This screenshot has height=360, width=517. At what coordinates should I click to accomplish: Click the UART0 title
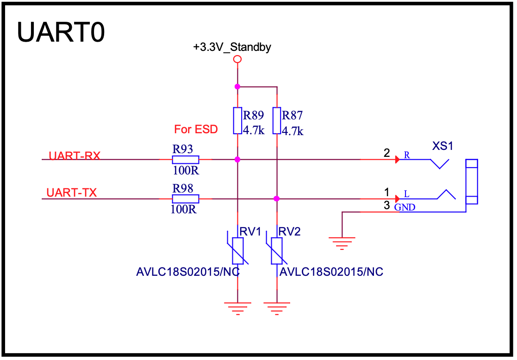61,32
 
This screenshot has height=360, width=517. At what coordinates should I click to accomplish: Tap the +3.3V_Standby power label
232,47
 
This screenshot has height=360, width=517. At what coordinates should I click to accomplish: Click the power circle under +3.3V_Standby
237,59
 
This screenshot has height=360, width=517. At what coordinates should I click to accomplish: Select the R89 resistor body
237,121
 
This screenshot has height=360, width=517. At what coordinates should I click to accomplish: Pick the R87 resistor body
277,121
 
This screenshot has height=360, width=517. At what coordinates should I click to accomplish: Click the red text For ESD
196,129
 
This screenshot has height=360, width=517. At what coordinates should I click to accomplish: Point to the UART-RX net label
74,155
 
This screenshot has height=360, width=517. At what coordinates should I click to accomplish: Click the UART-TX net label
72,192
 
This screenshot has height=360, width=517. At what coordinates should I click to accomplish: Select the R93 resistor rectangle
186,160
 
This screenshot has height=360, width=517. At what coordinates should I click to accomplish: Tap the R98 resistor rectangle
186,199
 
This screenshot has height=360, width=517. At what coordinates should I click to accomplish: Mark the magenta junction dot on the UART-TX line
277,199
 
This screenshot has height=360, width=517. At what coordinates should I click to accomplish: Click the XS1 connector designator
443,146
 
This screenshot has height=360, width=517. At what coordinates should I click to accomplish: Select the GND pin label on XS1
405,208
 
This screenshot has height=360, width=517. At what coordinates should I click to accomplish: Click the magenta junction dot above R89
237,87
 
